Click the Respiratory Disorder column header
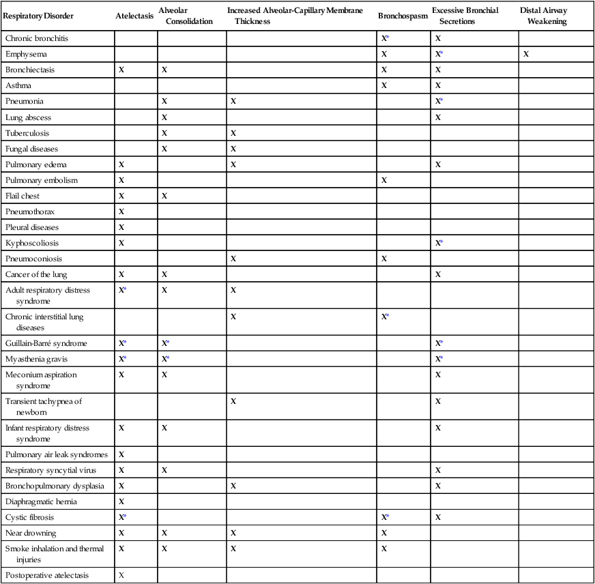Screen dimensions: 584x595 click(38, 16)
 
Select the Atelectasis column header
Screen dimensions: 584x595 click(134, 16)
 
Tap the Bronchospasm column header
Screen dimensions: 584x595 click(403, 16)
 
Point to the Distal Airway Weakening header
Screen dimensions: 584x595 click(543, 16)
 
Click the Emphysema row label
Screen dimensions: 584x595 click(27, 54)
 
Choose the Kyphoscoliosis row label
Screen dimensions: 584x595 click(32, 243)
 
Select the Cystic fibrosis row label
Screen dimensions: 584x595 click(31, 517)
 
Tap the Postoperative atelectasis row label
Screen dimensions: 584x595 click(47, 575)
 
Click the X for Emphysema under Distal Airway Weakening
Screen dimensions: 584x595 click(526, 54)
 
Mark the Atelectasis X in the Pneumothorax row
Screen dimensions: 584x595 click(121, 211)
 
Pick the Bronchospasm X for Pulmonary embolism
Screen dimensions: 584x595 click(385, 180)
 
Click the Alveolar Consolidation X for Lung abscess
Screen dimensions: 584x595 click(164, 117)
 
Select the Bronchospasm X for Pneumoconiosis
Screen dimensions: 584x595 click(385, 259)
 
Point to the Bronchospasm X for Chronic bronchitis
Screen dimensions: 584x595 click(385, 38)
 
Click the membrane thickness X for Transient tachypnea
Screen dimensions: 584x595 click(233, 401)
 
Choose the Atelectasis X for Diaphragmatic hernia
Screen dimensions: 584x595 click(121, 501)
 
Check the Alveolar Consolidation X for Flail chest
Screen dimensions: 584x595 click(164, 196)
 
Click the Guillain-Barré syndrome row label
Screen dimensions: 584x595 click(46, 343)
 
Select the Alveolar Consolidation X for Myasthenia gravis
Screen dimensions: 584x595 click(164, 359)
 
